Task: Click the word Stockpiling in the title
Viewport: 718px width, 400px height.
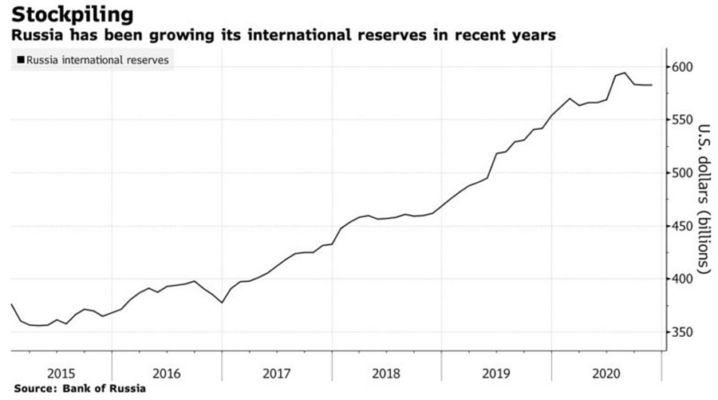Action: tap(72, 14)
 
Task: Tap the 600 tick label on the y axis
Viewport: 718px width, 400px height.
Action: tap(684, 66)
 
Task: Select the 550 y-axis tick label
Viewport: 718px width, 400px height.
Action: tap(684, 120)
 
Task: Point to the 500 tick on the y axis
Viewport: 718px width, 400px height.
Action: tap(684, 172)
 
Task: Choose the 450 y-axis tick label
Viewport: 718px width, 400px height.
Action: tap(684, 226)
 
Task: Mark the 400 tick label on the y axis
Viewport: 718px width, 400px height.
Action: tap(684, 279)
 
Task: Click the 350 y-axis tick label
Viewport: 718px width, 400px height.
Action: tap(684, 332)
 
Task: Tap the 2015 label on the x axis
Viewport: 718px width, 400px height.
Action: tap(61, 372)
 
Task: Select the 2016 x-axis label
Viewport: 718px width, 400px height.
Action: tap(167, 372)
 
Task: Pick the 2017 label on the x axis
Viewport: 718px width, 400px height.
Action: tap(276, 372)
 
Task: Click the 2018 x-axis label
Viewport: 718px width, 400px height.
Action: tap(386, 372)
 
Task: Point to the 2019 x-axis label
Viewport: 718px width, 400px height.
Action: tap(496, 372)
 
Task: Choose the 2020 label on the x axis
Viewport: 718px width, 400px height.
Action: tap(606, 372)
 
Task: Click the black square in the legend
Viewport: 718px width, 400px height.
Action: tap(20, 60)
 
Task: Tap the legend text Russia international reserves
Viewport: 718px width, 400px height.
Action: tap(97, 60)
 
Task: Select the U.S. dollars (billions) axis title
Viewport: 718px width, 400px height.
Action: tap(704, 200)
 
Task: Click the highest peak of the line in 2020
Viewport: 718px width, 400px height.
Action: tap(625, 73)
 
